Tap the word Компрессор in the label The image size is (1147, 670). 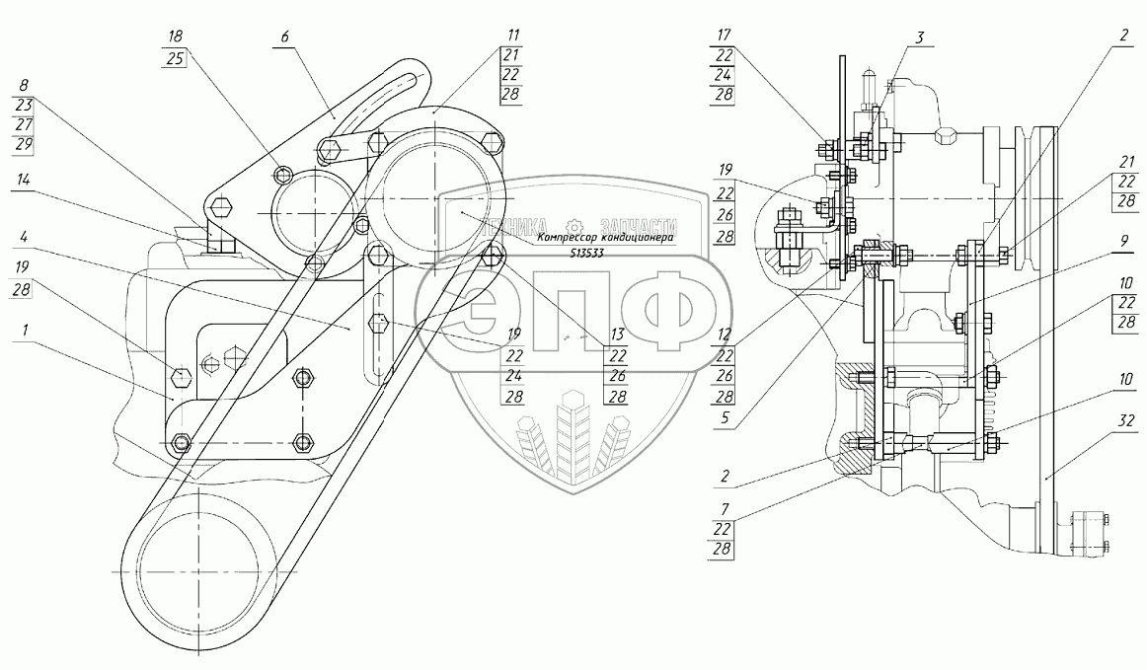tap(570, 238)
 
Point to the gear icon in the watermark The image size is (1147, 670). tap(572, 225)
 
